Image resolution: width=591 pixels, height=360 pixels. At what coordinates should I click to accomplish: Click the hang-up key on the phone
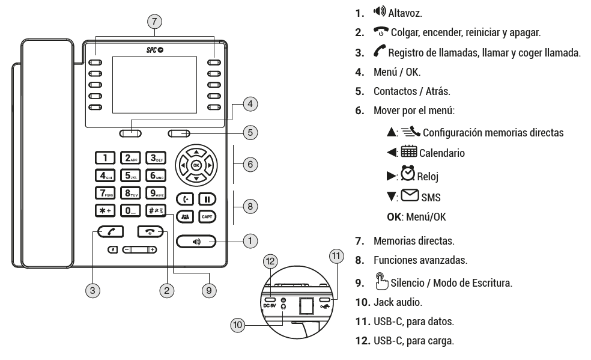click(x=151, y=232)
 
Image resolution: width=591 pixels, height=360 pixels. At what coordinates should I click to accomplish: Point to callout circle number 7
click(x=155, y=20)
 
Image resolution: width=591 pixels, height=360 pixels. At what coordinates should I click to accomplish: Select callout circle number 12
click(x=271, y=262)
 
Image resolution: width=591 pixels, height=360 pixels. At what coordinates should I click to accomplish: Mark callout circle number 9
click(x=208, y=289)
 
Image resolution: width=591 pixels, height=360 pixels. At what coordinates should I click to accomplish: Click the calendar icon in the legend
click(x=411, y=153)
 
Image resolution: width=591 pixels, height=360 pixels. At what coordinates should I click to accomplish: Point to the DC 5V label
click(x=270, y=307)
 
